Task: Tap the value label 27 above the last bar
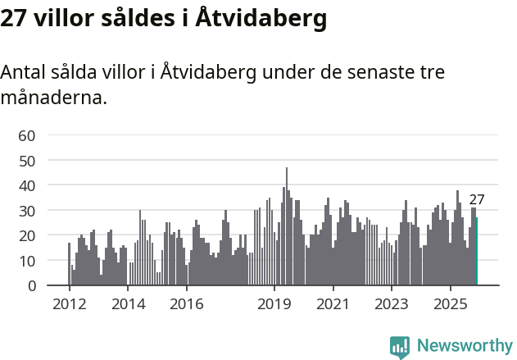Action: point(477,199)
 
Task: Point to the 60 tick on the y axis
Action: point(27,135)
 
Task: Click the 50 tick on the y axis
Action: point(27,161)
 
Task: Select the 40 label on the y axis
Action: point(27,185)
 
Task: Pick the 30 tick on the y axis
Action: point(27,211)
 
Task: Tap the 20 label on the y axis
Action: point(27,235)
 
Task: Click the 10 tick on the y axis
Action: point(27,261)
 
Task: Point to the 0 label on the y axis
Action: point(31,286)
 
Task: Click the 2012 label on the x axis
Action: point(69,304)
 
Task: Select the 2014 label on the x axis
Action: point(128,304)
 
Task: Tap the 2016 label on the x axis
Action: point(187,304)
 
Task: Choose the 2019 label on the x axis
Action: point(274,304)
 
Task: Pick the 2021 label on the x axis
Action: point(333,304)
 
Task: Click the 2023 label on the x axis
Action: point(392,304)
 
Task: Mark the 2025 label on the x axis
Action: point(451,304)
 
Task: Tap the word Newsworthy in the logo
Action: point(465,346)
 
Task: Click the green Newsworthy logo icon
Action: point(400,347)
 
